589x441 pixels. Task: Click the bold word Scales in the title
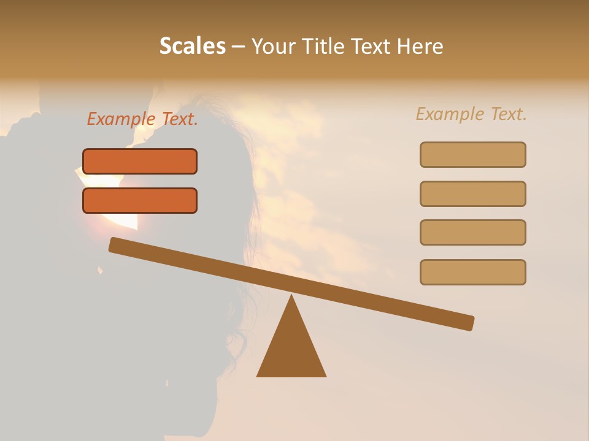[192, 46]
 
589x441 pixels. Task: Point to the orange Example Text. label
[142, 119]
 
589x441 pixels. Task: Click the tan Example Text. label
[471, 114]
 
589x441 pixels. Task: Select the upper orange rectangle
[140, 161]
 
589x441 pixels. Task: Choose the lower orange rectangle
[140, 200]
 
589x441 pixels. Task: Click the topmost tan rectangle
[473, 154]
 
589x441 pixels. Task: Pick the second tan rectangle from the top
[473, 194]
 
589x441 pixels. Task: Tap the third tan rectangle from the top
[473, 232]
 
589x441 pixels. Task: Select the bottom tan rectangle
[473, 272]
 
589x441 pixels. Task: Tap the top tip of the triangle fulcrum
[291, 297]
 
